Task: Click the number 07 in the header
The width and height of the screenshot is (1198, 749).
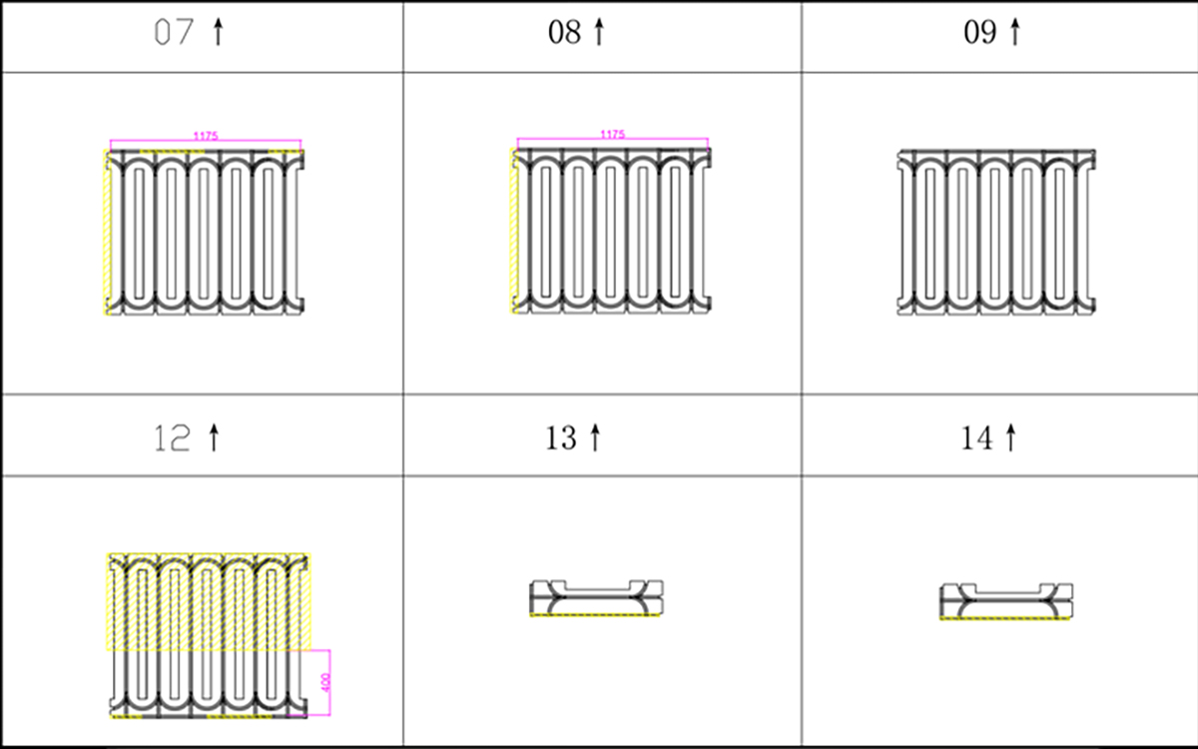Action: tap(174, 32)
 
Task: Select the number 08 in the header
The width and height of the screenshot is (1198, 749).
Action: tap(564, 32)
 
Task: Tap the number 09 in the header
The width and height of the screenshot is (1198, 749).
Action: tap(979, 32)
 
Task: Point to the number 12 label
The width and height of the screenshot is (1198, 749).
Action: tap(172, 438)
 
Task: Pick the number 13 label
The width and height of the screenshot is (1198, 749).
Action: tap(560, 438)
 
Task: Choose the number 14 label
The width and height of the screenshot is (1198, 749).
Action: tap(976, 438)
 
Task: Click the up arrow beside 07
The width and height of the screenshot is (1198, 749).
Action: tap(218, 32)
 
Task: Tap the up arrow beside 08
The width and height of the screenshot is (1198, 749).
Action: tap(599, 32)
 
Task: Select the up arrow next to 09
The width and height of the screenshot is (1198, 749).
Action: tap(1015, 32)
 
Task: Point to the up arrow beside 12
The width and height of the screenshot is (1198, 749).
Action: tap(214, 437)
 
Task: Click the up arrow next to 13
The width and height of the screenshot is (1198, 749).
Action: tap(595, 437)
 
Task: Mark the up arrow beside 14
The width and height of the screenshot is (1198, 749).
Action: tap(1010, 437)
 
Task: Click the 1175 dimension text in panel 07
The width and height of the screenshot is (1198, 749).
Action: tap(206, 136)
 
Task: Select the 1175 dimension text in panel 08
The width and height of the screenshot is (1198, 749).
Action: tap(612, 134)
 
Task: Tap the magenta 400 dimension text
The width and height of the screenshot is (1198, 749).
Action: tap(325, 682)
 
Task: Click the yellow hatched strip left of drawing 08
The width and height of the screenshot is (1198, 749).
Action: tap(514, 231)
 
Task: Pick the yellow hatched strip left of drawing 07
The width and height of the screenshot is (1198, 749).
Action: tap(107, 233)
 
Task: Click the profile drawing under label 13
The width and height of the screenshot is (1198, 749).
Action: tap(596, 598)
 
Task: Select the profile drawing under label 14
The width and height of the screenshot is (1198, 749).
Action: tap(1006, 601)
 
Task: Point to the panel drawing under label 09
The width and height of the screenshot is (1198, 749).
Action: tap(996, 232)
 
